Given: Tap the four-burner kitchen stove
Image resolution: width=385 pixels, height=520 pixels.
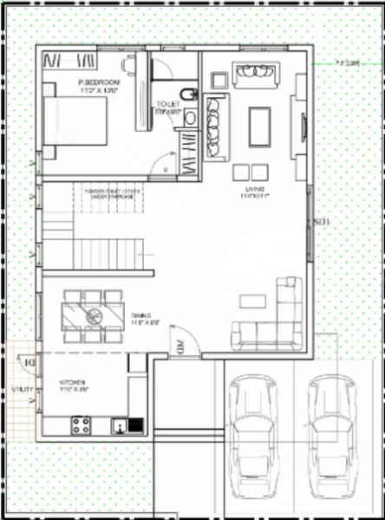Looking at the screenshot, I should pos(82,425).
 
